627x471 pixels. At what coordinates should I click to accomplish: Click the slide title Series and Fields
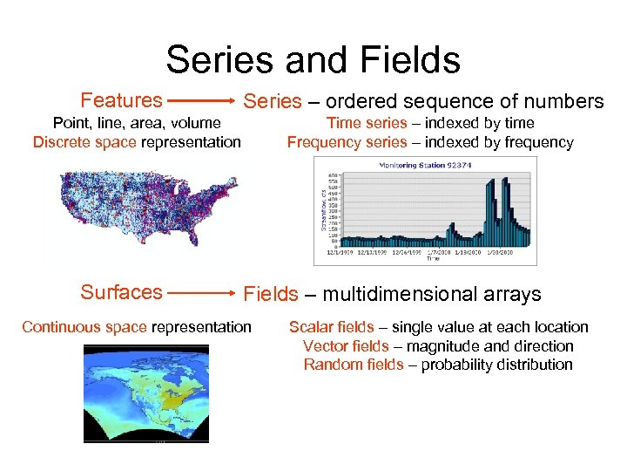coord(313,60)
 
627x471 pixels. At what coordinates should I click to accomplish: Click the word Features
coord(121,100)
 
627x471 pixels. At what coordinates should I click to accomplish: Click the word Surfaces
coord(121,292)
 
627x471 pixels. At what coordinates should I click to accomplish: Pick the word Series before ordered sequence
coord(273,102)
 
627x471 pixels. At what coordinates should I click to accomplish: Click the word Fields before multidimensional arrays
coord(270,295)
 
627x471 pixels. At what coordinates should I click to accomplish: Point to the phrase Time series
coord(366,123)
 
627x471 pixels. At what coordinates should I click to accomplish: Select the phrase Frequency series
coord(347,142)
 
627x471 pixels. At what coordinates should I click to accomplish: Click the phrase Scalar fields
coord(331,327)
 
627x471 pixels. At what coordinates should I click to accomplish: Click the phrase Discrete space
coord(84,142)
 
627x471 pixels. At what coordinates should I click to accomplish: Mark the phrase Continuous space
coord(84,327)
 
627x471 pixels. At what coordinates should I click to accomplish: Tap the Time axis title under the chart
coord(433,258)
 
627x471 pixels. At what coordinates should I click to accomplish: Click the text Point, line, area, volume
coord(137,123)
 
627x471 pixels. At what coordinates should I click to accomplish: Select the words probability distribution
coord(496,365)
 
